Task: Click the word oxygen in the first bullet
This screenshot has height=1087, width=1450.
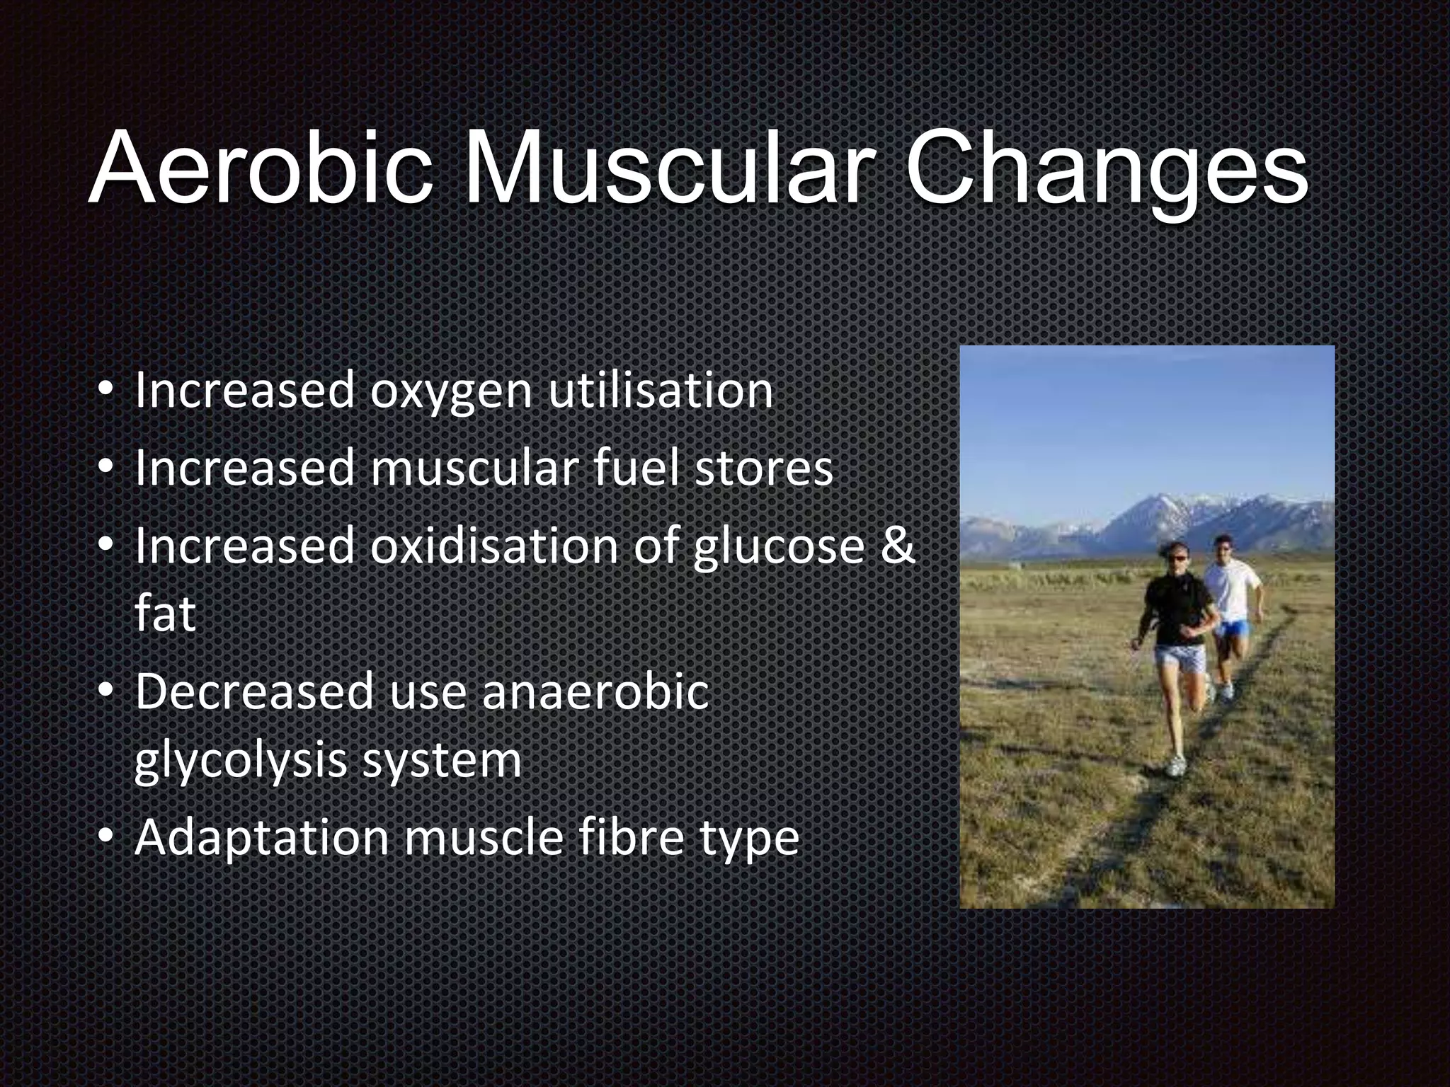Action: click(451, 391)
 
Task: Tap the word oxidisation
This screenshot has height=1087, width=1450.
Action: click(494, 546)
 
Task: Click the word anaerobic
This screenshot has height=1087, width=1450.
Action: click(595, 691)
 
